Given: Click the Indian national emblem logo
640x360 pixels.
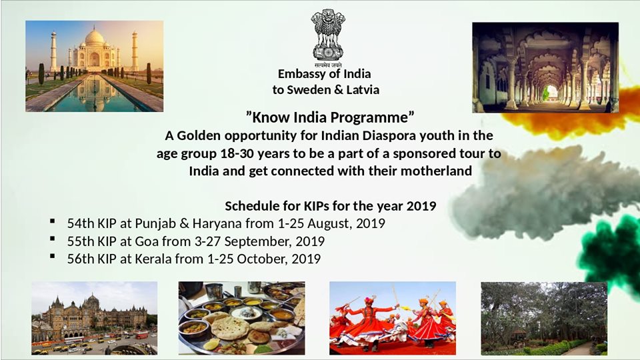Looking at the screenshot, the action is point(328,38).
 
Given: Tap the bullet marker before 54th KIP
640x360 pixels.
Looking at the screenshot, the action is point(52,221).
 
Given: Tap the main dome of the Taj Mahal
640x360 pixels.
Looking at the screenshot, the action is point(94,37).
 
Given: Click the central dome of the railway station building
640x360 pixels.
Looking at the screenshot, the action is point(93,301).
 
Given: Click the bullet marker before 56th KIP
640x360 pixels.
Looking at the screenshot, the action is point(52,256).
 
